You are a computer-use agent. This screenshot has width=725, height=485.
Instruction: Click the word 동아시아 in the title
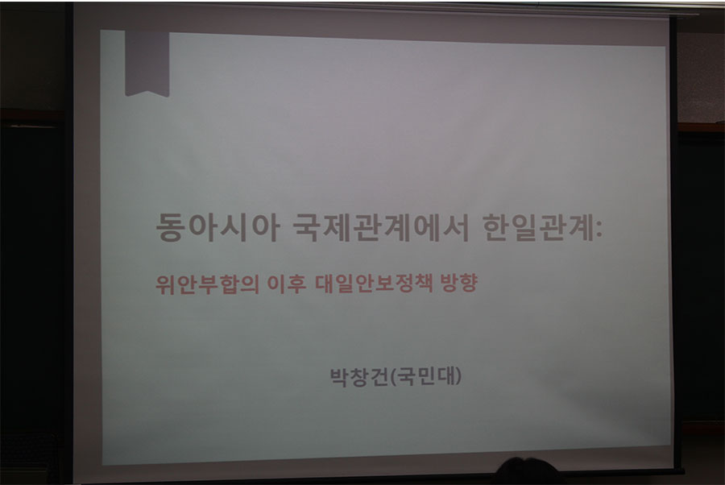tap(217, 227)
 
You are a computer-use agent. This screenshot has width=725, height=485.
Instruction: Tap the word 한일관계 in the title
tap(538, 227)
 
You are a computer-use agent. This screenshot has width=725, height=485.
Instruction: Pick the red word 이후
tap(287, 284)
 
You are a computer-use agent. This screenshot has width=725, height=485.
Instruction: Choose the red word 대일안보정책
tap(374, 284)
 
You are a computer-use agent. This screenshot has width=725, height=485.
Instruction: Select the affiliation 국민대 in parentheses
tap(426, 376)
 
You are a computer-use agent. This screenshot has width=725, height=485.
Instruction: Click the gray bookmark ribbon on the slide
tap(147, 64)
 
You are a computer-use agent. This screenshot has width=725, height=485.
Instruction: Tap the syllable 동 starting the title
tap(170, 227)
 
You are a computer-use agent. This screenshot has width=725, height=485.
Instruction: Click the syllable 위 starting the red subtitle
tap(165, 284)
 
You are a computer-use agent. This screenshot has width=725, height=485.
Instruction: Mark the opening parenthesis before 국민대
tap(393, 377)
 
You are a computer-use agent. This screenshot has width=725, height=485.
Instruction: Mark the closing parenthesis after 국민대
tap(458, 377)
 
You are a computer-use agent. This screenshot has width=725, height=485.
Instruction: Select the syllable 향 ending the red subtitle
tap(468, 284)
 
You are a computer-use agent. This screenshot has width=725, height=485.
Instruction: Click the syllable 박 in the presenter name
tap(339, 377)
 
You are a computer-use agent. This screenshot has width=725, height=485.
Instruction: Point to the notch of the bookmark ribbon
tap(147, 91)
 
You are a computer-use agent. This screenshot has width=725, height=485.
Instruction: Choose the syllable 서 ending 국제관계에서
tap(456, 227)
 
